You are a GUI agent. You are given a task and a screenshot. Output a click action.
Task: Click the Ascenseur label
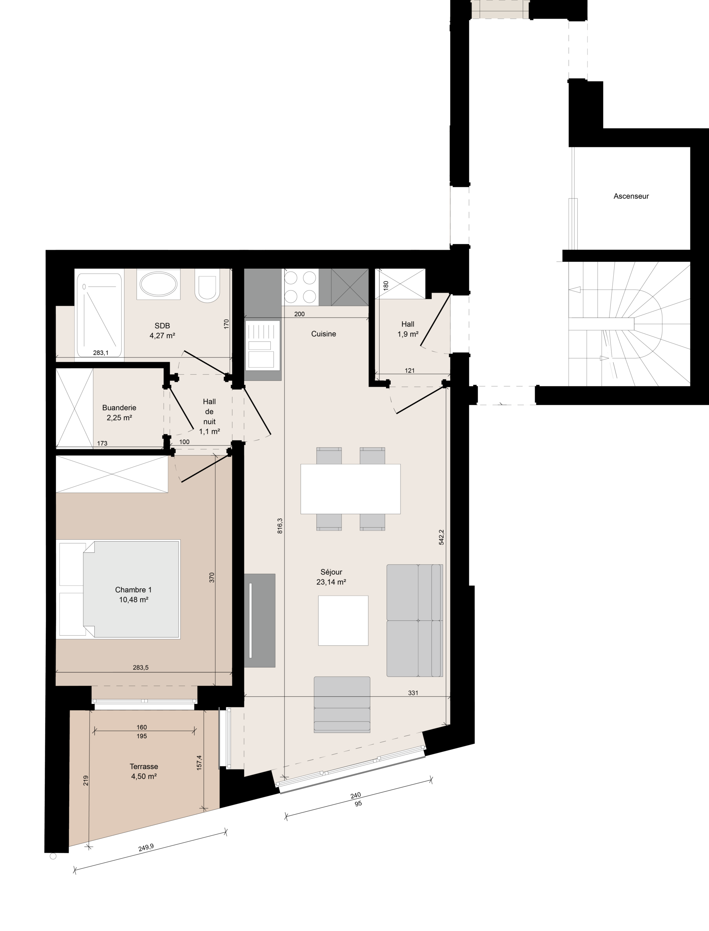click(x=631, y=196)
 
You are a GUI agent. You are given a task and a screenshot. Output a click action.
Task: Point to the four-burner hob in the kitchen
click(x=300, y=287)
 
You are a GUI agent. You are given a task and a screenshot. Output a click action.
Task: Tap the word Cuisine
click(x=324, y=334)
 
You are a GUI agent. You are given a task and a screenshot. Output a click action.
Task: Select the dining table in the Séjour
click(x=350, y=489)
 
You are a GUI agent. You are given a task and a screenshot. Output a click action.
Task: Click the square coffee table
click(x=343, y=620)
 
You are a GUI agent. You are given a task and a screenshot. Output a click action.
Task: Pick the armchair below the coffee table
click(x=342, y=704)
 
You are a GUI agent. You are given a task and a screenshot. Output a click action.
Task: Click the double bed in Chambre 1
click(x=120, y=589)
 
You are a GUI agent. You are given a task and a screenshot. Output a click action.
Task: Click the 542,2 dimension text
click(x=441, y=537)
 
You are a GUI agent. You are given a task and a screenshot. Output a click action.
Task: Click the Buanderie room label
click(x=119, y=412)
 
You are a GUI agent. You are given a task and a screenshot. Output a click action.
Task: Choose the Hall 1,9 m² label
click(x=408, y=329)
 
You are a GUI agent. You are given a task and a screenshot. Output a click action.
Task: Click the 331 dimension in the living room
click(x=413, y=693)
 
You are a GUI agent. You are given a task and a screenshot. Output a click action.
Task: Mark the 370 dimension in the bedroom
click(x=212, y=578)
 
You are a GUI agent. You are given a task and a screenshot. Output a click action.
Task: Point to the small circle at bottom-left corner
click(x=53, y=856)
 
